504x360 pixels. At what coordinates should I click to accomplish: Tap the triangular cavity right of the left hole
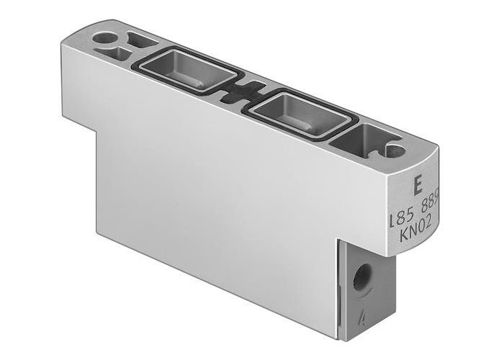pos(135,40)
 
